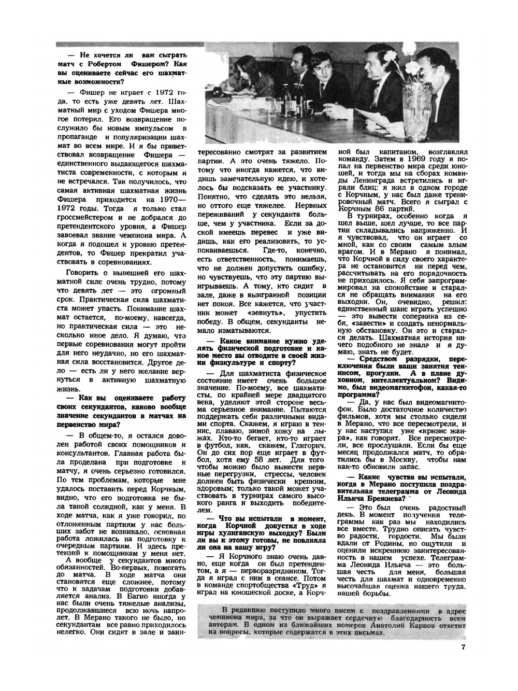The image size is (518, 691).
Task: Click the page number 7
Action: click(x=463, y=646)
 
